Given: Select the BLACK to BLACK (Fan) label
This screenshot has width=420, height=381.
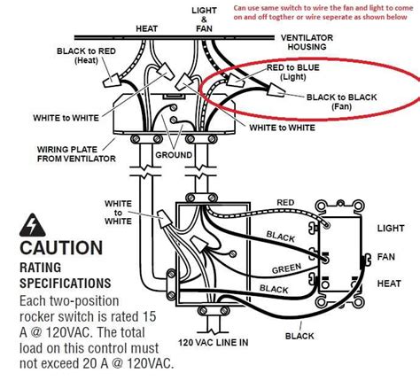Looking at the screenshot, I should [332, 103].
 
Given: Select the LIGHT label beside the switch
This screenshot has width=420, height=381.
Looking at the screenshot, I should [392, 228].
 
